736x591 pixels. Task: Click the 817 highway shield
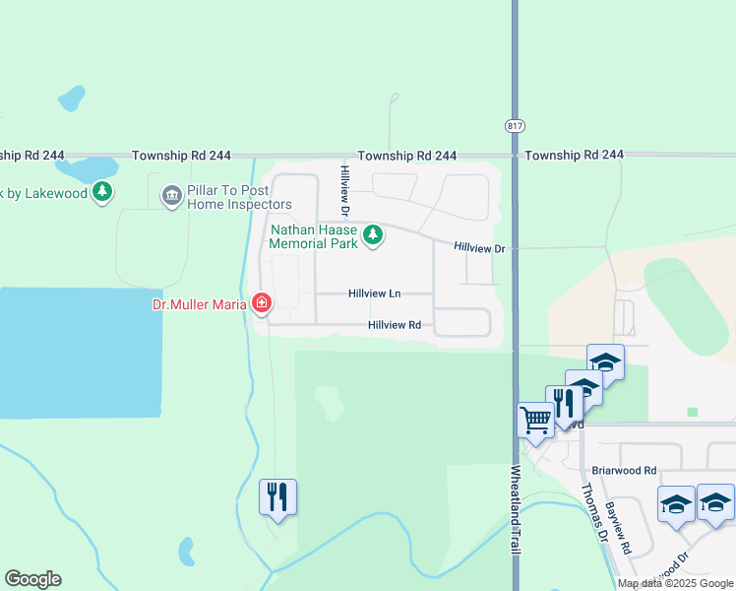click(515, 127)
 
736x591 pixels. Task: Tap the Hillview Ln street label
click(374, 294)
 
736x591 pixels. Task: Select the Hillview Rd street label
click(395, 325)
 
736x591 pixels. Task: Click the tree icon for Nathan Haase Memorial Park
click(372, 234)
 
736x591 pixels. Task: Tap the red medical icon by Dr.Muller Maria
click(262, 303)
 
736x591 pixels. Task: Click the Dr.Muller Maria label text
click(199, 304)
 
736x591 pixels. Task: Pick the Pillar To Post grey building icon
click(172, 194)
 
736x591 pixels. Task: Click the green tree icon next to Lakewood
click(102, 193)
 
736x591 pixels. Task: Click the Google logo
click(32, 579)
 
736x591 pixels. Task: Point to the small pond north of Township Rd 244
click(71, 98)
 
